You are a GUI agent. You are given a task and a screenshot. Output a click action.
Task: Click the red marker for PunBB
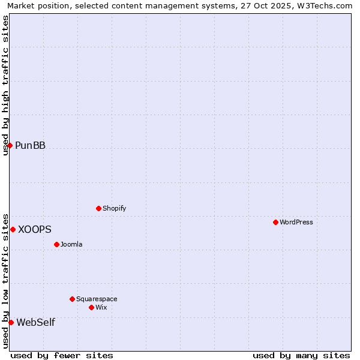[10, 145]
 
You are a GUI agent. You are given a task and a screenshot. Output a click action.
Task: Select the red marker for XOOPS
[13, 229]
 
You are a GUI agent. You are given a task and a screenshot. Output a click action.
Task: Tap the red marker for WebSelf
[11, 322]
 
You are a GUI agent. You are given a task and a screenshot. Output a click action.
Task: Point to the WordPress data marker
[275, 222]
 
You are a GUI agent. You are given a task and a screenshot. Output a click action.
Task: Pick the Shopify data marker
[98, 208]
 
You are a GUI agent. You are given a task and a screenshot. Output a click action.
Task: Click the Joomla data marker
[56, 244]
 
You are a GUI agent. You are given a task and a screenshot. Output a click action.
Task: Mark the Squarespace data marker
[72, 299]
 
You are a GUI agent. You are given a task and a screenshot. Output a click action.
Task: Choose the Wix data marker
[91, 307]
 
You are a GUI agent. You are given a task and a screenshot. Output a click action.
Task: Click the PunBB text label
[30, 145]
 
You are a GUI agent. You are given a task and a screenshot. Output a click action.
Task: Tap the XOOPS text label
[35, 229]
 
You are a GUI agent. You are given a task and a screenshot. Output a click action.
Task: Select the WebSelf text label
[35, 322]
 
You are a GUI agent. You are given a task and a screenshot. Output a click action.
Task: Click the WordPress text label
[296, 222]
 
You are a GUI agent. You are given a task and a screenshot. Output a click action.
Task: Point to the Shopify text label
[114, 208]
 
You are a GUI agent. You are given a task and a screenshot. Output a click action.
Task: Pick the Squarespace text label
[97, 299]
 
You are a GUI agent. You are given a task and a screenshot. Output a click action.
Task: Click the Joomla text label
[71, 244]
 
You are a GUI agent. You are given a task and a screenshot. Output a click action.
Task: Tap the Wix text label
[101, 307]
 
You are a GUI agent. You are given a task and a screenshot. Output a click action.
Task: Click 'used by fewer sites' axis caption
[62, 355]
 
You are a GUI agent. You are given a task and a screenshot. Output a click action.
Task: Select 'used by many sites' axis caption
[301, 355]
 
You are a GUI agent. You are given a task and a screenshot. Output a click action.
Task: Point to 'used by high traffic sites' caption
[5, 85]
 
